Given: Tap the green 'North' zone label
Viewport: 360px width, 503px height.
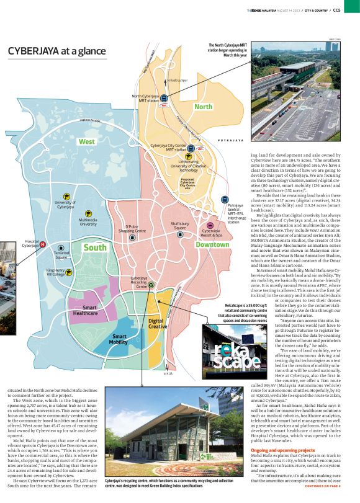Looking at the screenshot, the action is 203,107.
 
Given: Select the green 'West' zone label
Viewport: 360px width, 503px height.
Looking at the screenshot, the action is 86,142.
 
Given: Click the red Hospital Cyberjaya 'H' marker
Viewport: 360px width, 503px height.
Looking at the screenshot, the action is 42,244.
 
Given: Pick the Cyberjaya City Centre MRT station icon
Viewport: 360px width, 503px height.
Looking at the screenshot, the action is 191,148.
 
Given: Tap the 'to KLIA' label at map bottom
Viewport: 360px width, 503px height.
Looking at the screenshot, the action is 168,374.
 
